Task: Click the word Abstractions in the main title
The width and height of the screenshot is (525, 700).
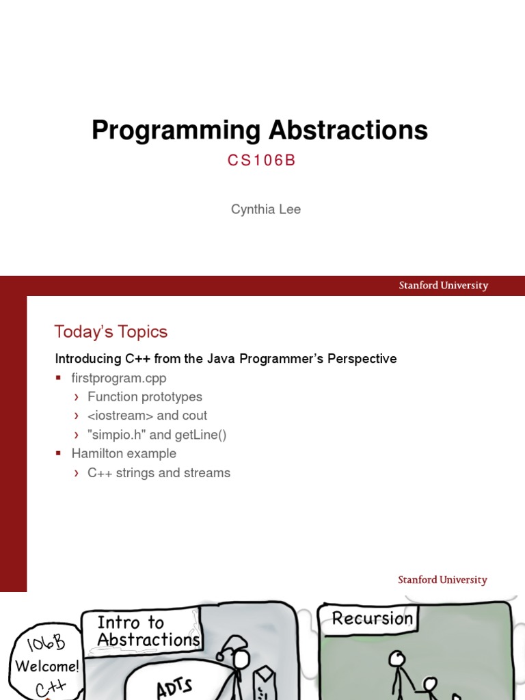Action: (x=348, y=131)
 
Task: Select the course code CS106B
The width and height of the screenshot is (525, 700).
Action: (x=262, y=161)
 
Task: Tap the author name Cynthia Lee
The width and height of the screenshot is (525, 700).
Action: (x=265, y=210)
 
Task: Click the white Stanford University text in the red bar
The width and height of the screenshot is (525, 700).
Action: (x=443, y=286)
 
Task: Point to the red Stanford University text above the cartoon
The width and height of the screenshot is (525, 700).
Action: (x=442, y=580)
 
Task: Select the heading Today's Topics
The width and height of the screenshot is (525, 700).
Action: (x=111, y=332)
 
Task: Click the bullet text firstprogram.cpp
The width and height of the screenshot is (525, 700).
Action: (x=119, y=378)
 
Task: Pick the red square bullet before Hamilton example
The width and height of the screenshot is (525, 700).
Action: (x=59, y=454)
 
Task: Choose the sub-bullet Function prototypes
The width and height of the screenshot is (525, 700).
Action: (x=145, y=397)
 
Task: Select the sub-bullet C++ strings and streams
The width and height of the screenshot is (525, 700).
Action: (x=159, y=473)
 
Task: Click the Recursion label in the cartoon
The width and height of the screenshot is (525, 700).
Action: (x=372, y=619)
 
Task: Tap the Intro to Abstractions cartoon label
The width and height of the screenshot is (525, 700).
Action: (x=148, y=631)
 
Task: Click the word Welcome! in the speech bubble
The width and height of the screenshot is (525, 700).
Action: (x=47, y=666)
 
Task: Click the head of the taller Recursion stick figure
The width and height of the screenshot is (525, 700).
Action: (x=396, y=659)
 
